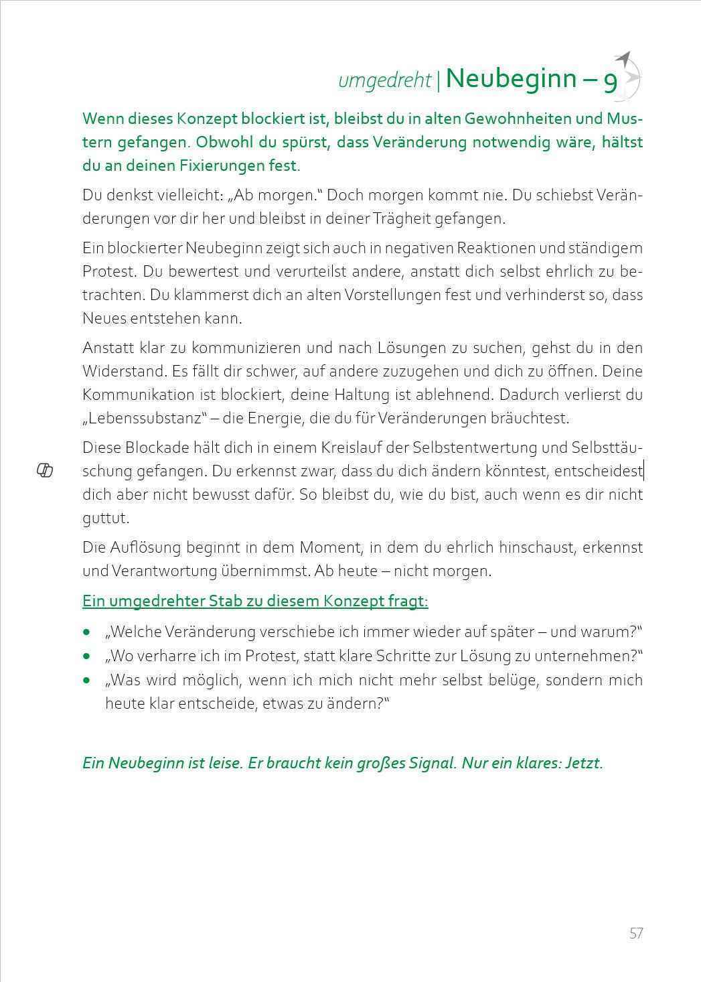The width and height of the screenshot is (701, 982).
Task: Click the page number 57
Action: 635,933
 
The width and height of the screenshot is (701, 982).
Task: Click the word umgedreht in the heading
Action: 385,80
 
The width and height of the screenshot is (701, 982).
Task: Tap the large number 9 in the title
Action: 610,81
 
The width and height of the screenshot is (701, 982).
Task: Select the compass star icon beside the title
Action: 629,72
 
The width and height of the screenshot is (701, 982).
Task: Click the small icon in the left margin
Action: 44,471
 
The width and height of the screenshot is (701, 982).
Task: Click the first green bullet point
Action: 86,632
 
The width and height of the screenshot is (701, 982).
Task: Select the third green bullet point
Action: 86,681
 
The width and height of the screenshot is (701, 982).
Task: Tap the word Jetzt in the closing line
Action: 584,763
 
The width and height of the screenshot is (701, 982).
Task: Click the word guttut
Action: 106,518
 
